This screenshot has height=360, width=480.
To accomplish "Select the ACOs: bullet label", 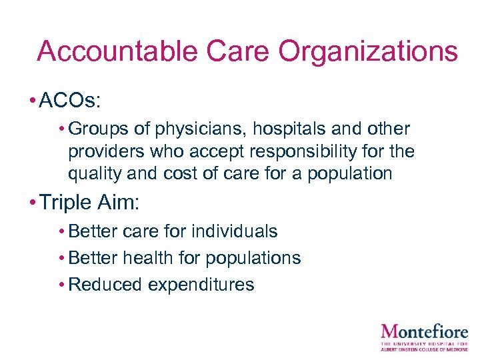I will pyautogui.click(x=70, y=101).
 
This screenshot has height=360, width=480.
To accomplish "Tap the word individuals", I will pyautogui.click(x=234, y=231).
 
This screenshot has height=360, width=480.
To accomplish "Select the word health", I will pyautogui.click(x=157, y=258).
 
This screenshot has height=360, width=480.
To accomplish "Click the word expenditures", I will pyautogui.click(x=201, y=285).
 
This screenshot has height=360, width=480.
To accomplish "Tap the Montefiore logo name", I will pyautogui.click(x=424, y=331).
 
